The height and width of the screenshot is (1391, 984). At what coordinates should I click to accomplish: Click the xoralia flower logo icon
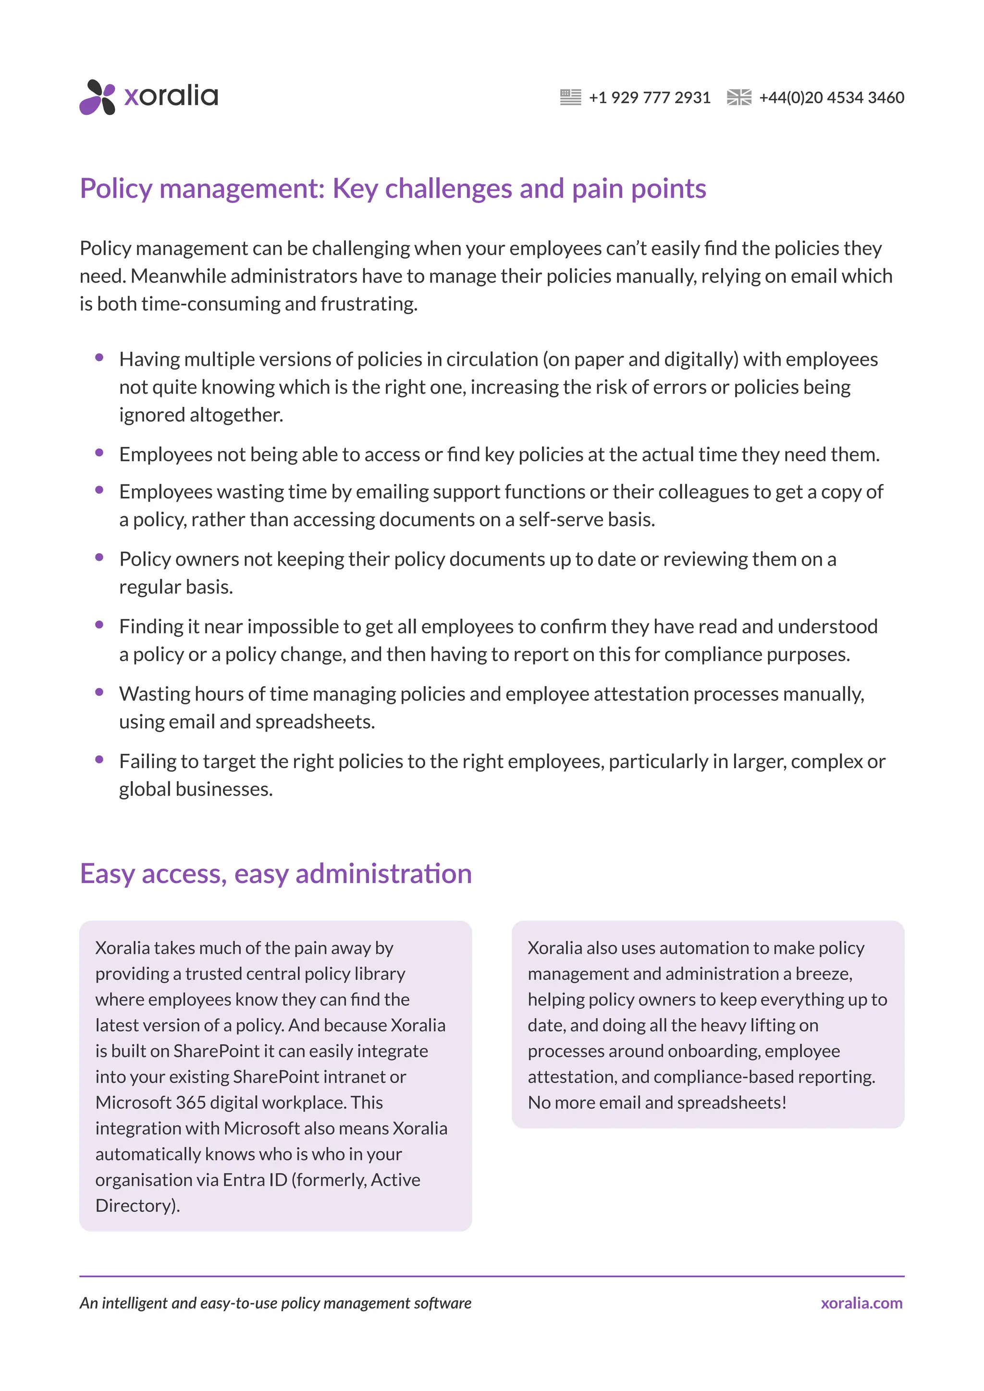pos(97,97)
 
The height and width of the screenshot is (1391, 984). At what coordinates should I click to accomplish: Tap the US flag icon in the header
pos(570,97)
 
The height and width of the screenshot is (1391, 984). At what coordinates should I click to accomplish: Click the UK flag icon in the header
pos(738,97)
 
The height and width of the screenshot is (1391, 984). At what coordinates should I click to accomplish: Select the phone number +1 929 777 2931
pos(649,97)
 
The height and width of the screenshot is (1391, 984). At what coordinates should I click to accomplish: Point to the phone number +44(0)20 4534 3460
pos(831,97)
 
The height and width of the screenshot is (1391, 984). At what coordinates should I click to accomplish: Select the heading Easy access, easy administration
pos(276,873)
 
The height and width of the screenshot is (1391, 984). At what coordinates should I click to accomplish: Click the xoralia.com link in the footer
pos(861,1303)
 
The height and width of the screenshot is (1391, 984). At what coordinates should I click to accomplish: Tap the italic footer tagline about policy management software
pos(275,1303)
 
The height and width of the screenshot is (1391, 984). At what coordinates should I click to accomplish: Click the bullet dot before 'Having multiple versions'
pos(99,358)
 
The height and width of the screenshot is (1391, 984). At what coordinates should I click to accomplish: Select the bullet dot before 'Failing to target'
pos(99,760)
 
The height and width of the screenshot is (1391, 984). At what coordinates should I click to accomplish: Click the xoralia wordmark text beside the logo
pos(171,96)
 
